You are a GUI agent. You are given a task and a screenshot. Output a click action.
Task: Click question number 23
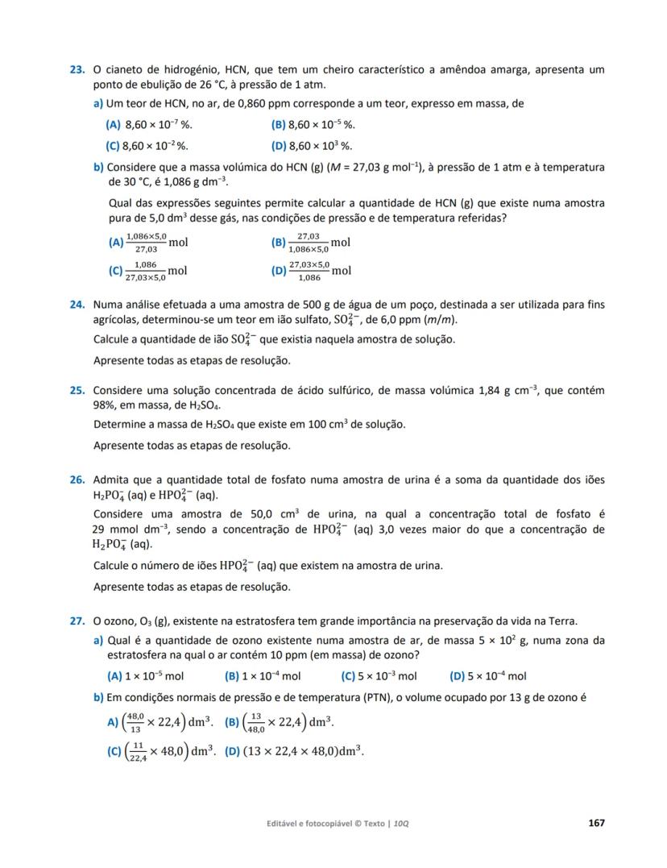(77, 70)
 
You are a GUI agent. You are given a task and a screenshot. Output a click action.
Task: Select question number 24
(77, 305)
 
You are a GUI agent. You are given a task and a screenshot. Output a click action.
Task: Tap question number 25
(77, 391)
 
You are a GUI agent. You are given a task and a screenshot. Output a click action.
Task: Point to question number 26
(77, 480)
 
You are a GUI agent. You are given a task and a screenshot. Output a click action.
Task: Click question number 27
(77, 621)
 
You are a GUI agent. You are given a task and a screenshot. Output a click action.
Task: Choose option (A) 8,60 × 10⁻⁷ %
(150, 125)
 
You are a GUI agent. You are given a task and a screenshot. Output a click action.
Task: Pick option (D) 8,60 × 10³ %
(313, 146)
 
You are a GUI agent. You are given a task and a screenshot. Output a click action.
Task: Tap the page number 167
(596, 823)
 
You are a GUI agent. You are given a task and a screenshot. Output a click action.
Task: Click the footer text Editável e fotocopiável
(313, 824)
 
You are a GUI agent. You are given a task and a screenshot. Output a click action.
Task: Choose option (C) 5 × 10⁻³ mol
(379, 676)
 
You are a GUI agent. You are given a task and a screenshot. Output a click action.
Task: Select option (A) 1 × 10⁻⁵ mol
(146, 676)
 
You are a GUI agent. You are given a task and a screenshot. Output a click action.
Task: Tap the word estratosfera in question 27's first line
(272, 621)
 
